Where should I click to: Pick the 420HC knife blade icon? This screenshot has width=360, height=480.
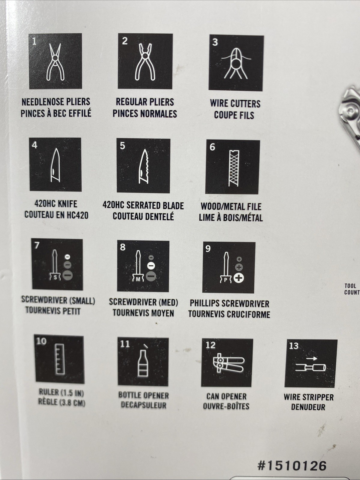[x=56, y=165]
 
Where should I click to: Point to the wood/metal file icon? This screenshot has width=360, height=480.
[x=234, y=168]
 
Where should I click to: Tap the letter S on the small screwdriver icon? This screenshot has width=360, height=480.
[x=55, y=277]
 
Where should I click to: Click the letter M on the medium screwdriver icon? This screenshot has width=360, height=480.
[x=138, y=279]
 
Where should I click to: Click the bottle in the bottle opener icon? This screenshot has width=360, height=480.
[x=143, y=364]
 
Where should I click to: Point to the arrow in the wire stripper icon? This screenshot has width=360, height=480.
[x=311, y=358]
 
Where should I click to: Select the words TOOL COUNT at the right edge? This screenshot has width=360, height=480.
[x=352, y=289]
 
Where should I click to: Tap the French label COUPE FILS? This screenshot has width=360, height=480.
[x=234, y=115]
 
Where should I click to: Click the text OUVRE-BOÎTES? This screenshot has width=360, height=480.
[x=226, y=406]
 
